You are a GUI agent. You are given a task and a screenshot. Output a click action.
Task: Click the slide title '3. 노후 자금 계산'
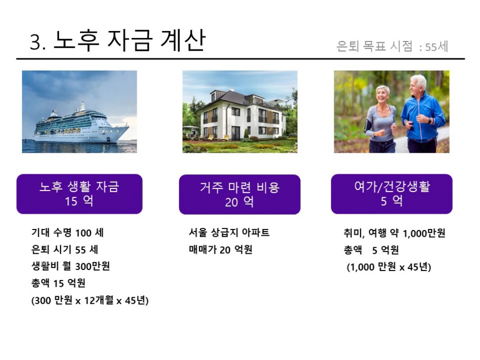(117, 40)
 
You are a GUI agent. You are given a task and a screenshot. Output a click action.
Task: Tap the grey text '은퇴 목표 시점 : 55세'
(392, 46)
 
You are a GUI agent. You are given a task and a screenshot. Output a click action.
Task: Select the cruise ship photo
(79, 112)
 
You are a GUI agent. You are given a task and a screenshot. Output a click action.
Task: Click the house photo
(240, 112)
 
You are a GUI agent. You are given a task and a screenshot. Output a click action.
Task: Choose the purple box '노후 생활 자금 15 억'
(79, 194)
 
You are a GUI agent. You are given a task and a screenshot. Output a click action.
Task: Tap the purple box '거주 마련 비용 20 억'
(239, 194)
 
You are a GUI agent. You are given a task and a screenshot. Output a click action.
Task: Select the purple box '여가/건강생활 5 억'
(392, 194)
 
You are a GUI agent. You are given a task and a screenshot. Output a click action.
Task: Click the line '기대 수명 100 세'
(68, 233)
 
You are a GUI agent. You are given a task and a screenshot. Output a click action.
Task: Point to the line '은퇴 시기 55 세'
(65, 249)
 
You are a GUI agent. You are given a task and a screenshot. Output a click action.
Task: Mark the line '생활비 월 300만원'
(71, 266)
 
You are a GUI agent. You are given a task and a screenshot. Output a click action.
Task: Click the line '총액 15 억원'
(58, 283)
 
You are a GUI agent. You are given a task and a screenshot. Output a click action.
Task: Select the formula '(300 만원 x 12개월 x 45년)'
(90, 301)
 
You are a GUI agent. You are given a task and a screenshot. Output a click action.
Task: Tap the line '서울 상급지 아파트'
(229, 233)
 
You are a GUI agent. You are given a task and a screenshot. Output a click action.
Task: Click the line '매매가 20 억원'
(221, 249)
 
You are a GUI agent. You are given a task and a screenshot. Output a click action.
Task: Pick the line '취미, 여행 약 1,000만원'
(395, 233)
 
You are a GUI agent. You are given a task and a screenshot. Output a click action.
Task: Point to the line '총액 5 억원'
(372, 250)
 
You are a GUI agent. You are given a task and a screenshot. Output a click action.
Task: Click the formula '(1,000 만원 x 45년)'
(389, 267)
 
